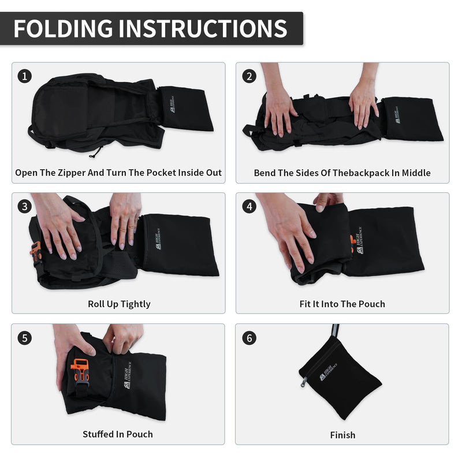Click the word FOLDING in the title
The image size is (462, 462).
coord(63,28)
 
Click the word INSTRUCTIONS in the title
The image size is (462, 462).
coord(203,28)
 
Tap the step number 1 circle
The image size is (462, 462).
coord(25,76)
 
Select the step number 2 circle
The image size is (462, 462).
coord(249,76)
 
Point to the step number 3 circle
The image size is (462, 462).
coord(25,207)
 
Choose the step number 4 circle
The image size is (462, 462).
coord(249,207)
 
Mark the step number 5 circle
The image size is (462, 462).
coord(25,338)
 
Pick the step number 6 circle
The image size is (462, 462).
coord(249,338)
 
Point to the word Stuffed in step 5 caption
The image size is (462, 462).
coord(98,434)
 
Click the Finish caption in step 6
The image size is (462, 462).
coord(342,435)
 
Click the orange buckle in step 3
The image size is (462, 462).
coord(36,252)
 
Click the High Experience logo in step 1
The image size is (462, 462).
coord(172,105)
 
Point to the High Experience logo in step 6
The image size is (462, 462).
coord(328,372)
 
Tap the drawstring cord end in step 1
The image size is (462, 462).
coord(92,155)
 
